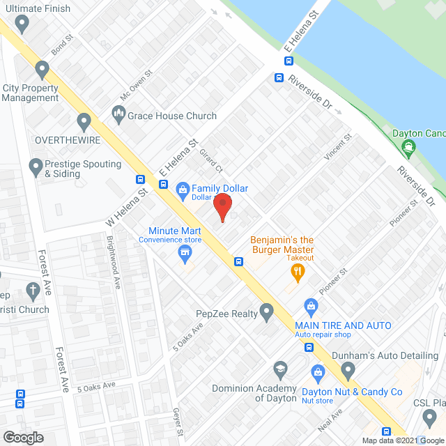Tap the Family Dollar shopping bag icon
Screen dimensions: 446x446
183,188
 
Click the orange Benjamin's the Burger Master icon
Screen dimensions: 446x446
298,271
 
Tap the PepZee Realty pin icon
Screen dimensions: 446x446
266,312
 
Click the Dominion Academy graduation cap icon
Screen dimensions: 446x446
280,368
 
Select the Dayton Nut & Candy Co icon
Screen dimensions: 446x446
318,372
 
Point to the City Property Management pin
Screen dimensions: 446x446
43,70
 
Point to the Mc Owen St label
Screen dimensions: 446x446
136,84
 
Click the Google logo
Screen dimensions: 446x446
23,437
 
